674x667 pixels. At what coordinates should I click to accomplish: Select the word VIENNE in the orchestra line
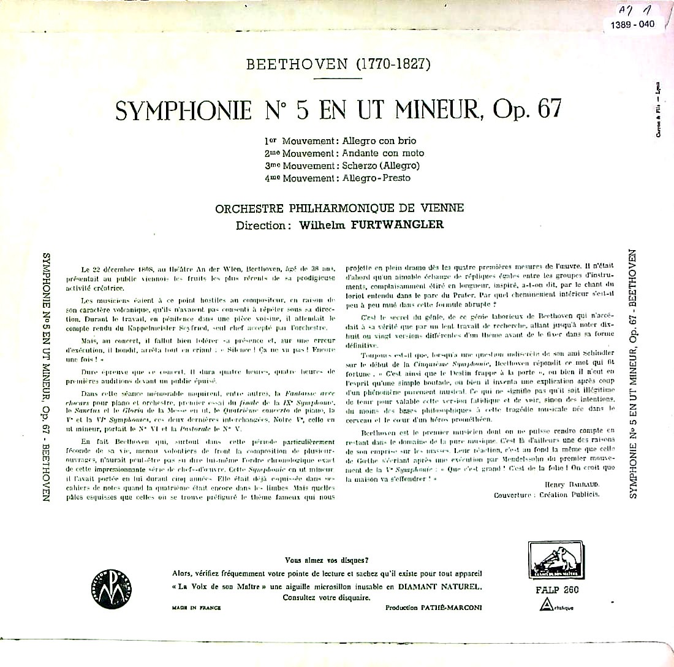click(x=442, y=208)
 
